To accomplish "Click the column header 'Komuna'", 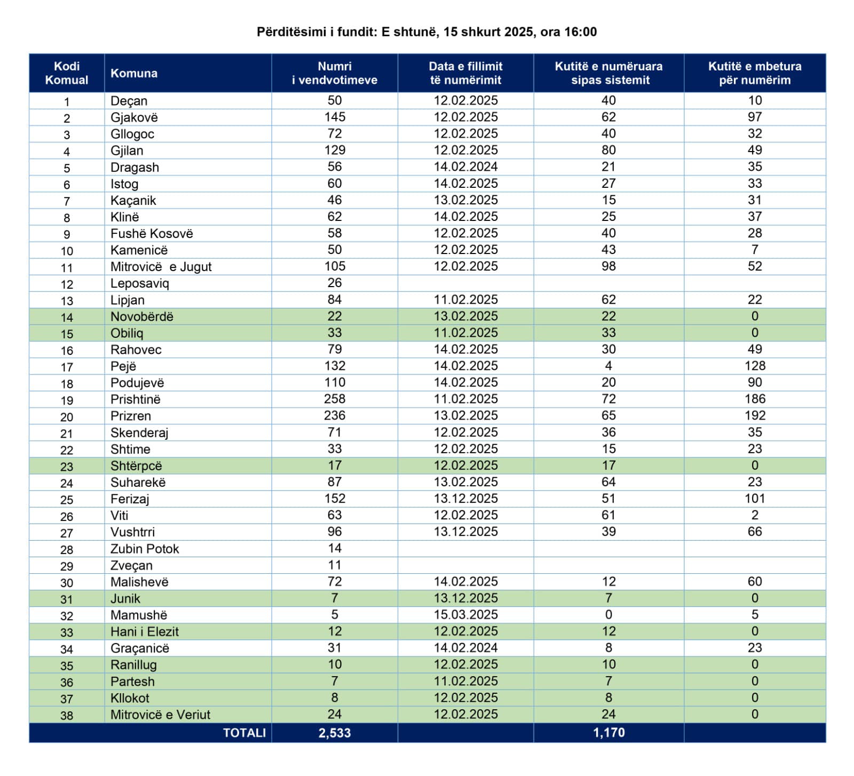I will (x=133, y=73).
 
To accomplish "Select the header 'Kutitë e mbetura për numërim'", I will (x=754, y=73).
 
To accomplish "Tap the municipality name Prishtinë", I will (x=135, y=399).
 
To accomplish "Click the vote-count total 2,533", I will (x=335, y=733).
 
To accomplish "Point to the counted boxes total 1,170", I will (x=608, y=733).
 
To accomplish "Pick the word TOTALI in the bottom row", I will (x=244, y=733).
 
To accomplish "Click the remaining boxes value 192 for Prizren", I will (x=754, y=415).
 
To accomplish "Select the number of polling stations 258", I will (x=335, y=399).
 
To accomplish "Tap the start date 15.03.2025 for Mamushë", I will (x=465, y=614).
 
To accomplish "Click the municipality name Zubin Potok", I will (x=145, y=549).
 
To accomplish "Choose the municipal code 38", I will (x=67, y=715).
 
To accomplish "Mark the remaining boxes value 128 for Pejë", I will (x=754, y=366).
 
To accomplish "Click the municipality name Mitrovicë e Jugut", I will (x=161, y=266).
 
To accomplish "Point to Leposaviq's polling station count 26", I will (x=335, y=283).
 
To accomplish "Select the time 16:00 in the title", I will (x=580, y=32).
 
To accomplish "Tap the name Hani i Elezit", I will (x=144, y=631).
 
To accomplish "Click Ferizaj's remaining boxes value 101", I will (x=754, y=498).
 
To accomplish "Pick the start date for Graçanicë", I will (x=465, y=647).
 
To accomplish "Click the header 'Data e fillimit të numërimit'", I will (x=465, y=73).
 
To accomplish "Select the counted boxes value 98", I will (x=608, y=266).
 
